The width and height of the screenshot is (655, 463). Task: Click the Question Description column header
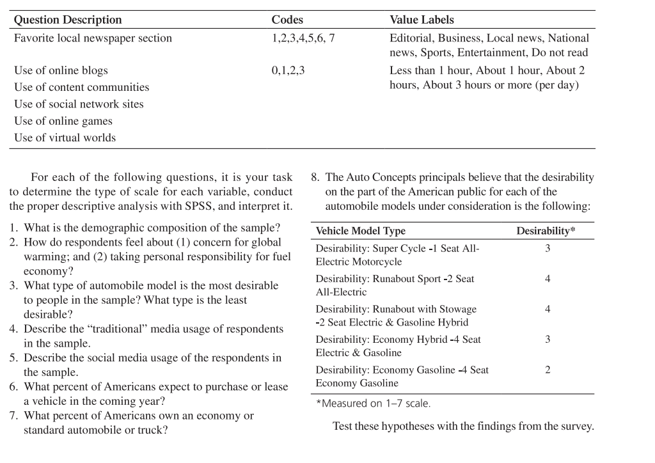click(x=68, y=20)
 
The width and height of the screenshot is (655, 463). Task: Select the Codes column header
click(x=287, y=20)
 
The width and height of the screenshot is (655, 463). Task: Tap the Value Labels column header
click(x=422, y=20)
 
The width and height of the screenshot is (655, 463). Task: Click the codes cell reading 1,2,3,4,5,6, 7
click(x=303, y=38)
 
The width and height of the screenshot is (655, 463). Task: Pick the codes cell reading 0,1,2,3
click(x=288, y=70)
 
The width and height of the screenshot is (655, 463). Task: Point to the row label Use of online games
click(x=63, y=121)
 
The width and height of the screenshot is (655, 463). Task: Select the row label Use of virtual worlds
click(x=65, y=137)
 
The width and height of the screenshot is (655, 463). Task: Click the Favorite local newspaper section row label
click(x=93, y=38)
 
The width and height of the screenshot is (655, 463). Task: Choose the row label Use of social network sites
click(x=79, y=104)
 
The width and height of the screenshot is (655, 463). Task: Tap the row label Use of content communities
click(x=81, y=87)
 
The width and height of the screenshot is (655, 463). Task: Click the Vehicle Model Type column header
click(x=360, y=231)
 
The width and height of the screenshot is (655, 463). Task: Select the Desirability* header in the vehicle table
click(x=546, y=231)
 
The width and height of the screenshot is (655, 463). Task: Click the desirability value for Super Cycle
click(x=548, y=248)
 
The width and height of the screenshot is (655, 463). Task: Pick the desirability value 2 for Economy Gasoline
click(x=548, y=370)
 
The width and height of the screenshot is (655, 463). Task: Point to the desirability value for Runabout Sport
click(x=548, y=279)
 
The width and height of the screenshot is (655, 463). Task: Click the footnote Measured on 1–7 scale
click(x=374, y=404)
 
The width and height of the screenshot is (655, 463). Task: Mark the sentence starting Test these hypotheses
click(x=463, y=427)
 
